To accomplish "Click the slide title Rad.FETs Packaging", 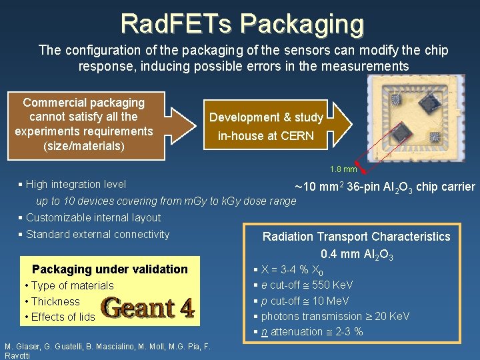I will point(242,24).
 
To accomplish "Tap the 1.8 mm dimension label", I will point(343,169).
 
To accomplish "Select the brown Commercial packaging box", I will point(84,124).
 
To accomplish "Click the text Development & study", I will point(266,117).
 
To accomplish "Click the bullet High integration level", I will point(75,184).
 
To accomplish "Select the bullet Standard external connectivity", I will point(97,234).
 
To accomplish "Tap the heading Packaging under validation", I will point(110,269).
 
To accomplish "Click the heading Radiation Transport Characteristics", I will point(357,237).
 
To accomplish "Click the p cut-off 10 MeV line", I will point(311,301).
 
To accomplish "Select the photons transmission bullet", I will point(335,316).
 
